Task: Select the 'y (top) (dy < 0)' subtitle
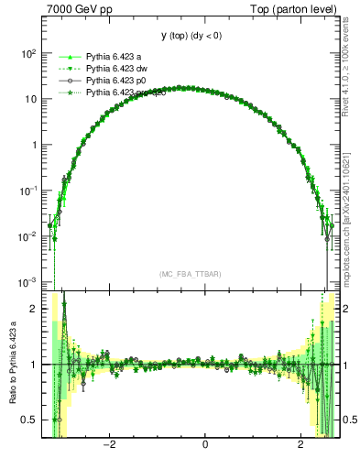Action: (191, 36)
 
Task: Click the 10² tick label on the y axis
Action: (27, 53)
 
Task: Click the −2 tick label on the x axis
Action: (109, 446)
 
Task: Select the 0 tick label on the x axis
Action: (205, 446)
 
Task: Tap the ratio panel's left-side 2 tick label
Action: (34, 309)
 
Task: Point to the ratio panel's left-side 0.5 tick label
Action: (30, 420)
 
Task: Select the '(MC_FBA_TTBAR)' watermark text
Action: (191, 274)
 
